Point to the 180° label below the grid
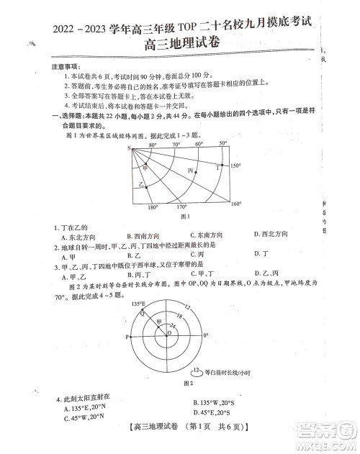point(152,208)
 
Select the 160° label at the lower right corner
point(235,204)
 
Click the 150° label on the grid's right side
point(235,165)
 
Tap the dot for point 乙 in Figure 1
point(148,185)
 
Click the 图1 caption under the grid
point(184,216)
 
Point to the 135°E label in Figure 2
point(140,305)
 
